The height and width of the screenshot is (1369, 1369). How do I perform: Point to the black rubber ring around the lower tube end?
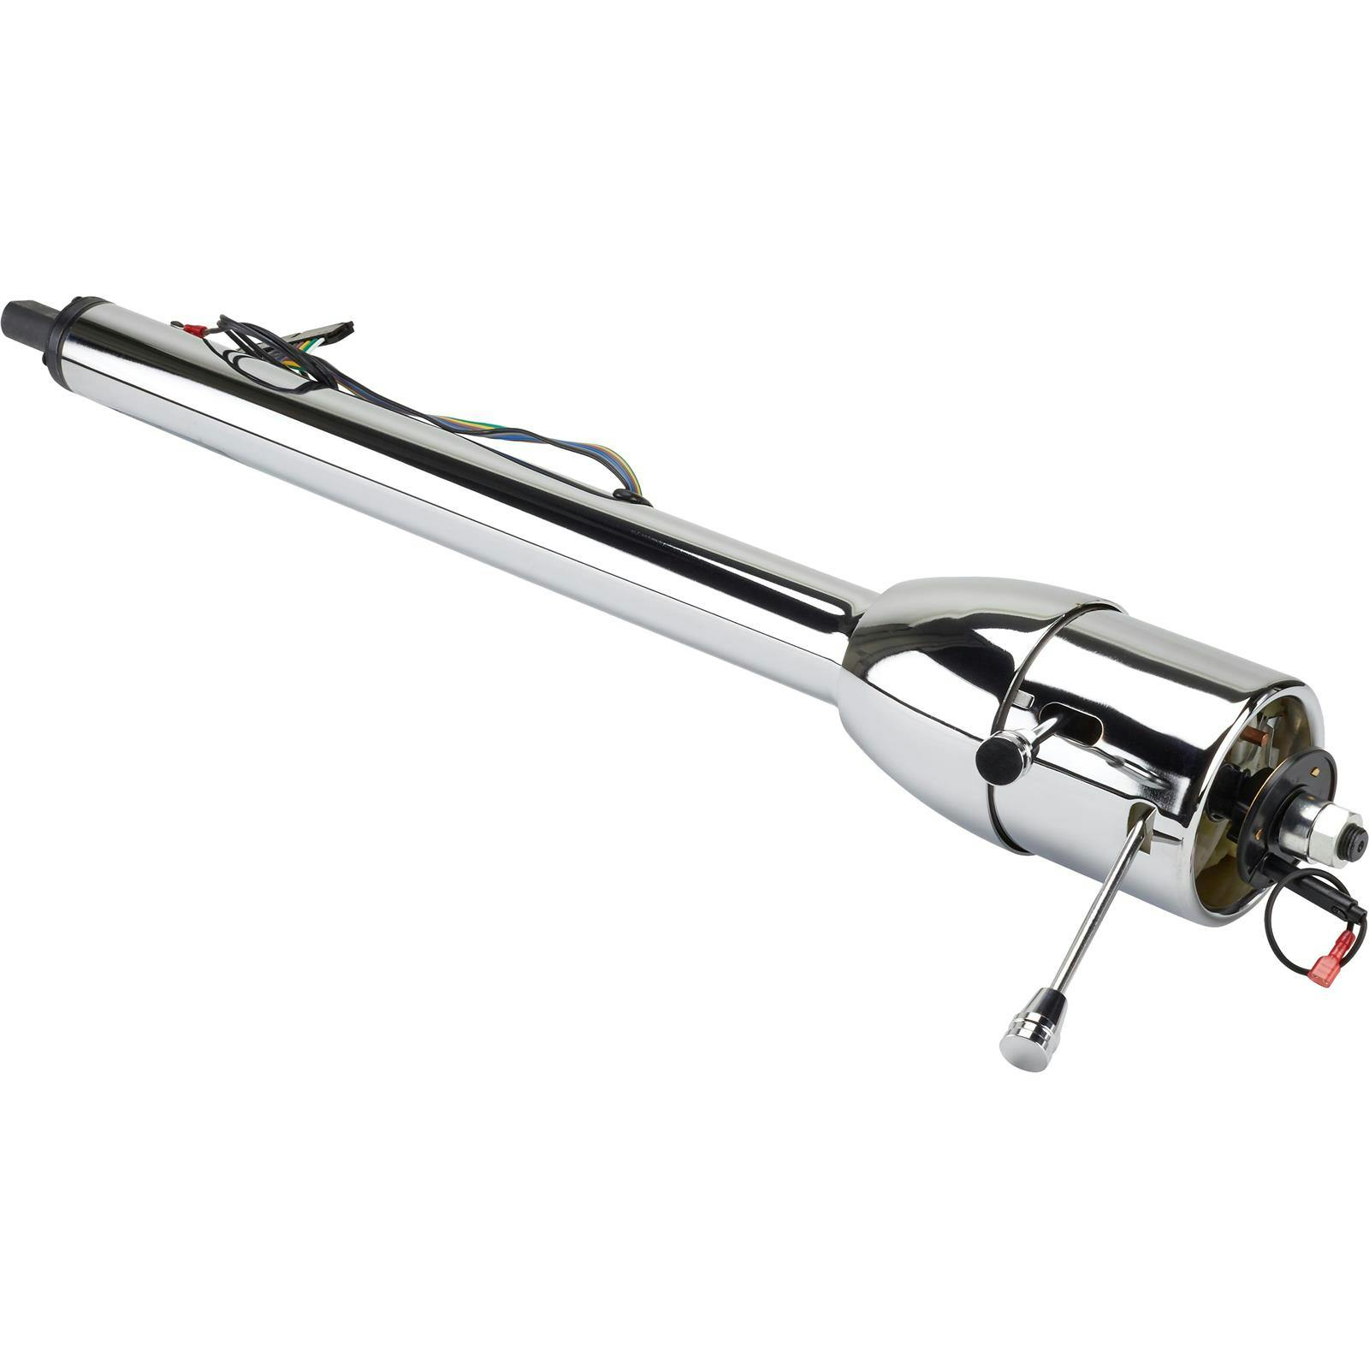coord(65,341)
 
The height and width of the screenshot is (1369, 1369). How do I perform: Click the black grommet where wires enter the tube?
coord(631,497)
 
